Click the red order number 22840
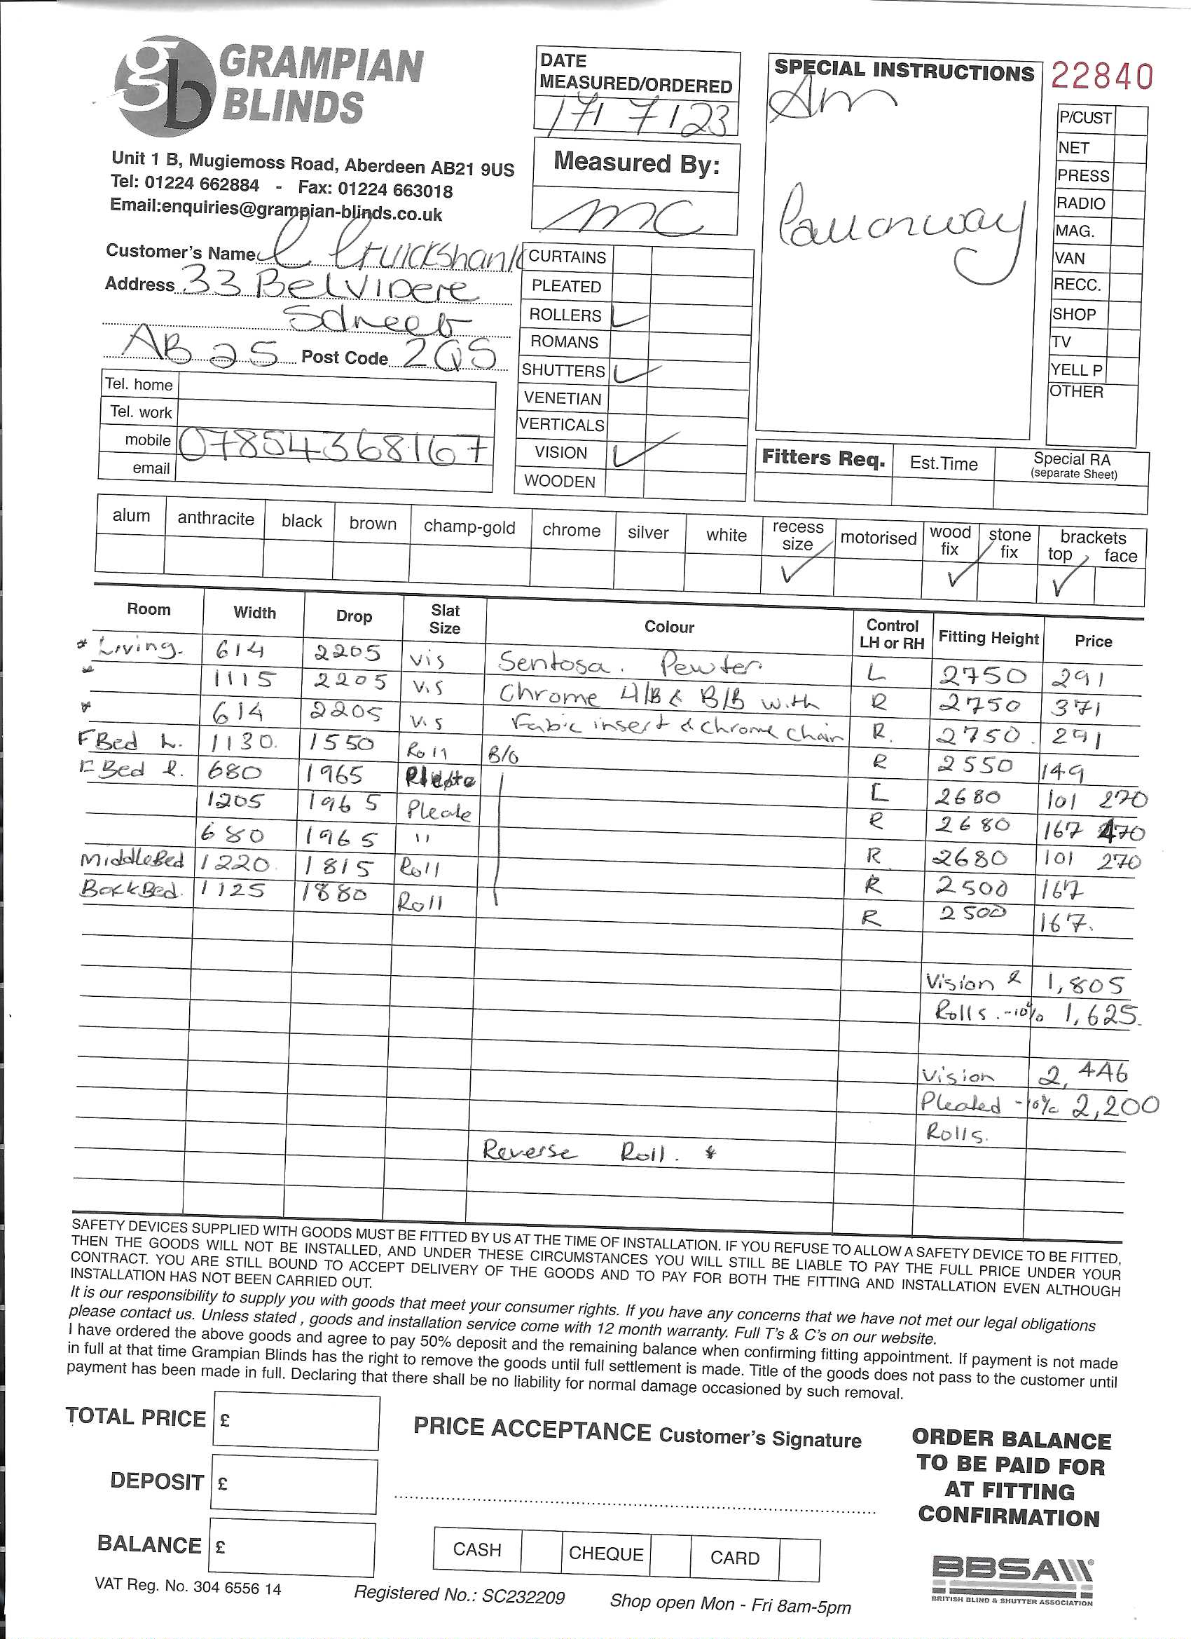point(1101,76)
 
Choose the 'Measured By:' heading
point(636,163)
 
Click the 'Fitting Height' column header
point(988,637)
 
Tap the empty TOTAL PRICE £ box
point(296,1423)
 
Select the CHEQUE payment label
point(605,1553)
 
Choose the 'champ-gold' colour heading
point(469,527)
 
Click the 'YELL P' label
point(1076,370)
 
